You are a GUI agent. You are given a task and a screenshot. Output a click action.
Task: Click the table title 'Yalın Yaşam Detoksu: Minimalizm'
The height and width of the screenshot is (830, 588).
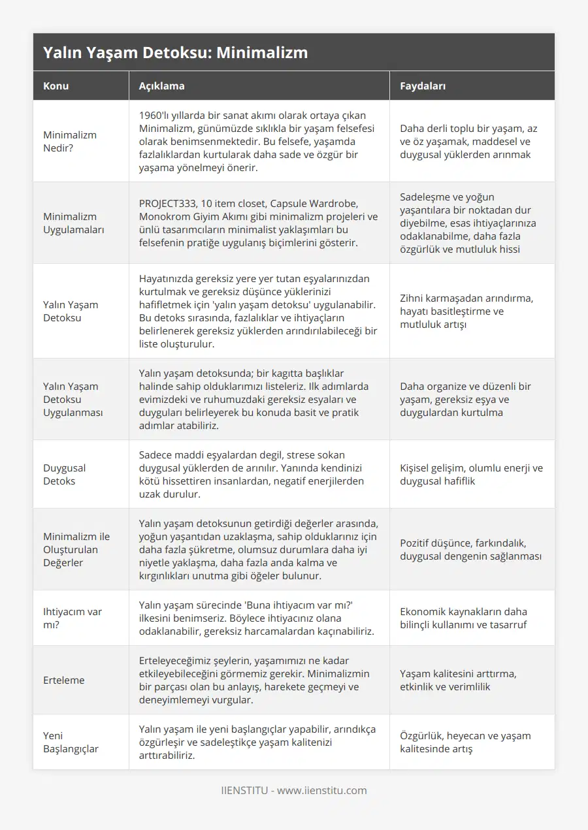click(175, 53)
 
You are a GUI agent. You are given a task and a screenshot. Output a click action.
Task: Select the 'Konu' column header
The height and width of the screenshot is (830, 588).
click(56, 86)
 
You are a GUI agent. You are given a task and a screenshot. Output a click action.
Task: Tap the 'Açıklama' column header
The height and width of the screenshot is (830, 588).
click(161, 86)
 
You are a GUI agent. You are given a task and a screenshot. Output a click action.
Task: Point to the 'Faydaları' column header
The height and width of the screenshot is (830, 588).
click(423, 86)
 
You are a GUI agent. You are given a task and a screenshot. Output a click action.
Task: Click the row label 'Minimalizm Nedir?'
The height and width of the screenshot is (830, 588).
click(70, 141)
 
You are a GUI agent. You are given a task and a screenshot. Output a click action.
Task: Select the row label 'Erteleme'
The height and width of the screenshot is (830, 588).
click(64, 680)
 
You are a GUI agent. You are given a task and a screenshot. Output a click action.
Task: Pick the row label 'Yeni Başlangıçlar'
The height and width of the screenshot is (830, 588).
click(71, 742)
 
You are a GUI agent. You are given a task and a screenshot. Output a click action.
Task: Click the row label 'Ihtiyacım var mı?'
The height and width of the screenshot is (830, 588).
click(73, 618)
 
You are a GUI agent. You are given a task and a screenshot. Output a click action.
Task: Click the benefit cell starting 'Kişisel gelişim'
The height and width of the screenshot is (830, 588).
click(471, 474)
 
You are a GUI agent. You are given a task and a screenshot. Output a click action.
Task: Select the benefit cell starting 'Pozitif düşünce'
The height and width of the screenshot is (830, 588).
click(470, 549)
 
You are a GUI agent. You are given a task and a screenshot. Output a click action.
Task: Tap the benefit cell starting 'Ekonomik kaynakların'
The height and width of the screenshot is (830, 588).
click(464, 618)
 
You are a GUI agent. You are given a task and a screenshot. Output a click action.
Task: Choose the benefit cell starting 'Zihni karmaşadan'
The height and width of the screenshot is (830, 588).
click(466, 311)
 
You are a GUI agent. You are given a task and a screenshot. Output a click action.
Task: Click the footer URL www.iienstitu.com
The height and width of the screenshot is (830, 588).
click(322, 790)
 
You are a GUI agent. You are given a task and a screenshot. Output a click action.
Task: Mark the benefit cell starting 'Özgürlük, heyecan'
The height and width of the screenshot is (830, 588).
click(465, 742)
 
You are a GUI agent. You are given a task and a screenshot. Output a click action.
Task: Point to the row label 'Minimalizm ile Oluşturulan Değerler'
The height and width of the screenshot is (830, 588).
click(76, 549)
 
